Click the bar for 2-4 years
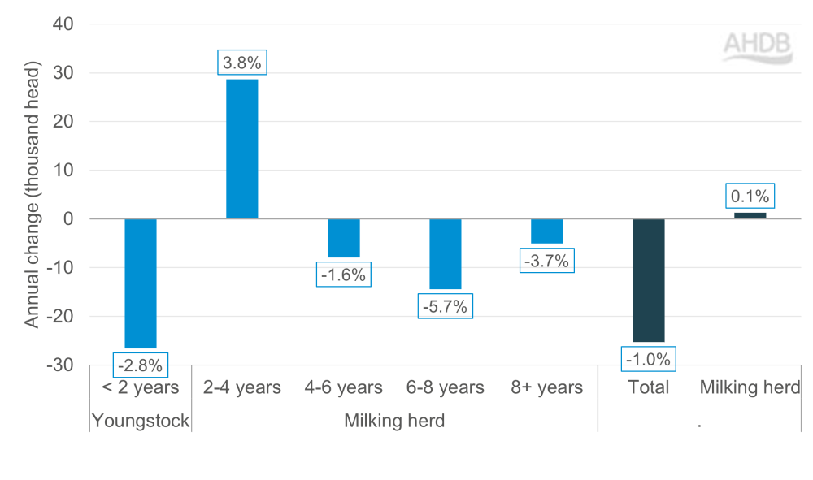241,149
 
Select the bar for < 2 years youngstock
140,283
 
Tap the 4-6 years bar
343,238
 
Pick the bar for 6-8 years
445,254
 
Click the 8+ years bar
546,231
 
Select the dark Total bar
648,280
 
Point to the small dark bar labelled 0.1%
750,215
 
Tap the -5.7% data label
445,307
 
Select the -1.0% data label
648,358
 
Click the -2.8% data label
140,363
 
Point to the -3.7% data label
546,261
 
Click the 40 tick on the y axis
65,24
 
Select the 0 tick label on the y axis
69,219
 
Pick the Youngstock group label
140,421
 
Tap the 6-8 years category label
445,387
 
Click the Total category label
648,387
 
